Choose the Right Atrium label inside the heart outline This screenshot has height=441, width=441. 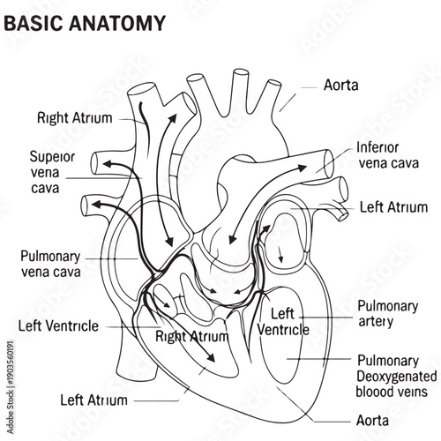[x=192, y=336]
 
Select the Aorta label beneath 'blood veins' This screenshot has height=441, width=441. [x=371, y=420]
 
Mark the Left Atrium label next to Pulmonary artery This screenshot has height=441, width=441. [x=394, y=207]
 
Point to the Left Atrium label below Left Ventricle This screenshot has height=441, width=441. [x=93, y=399]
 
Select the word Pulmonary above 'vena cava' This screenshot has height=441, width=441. [x=50, y=255]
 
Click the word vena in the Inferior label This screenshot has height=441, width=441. [x=373, y=162]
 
